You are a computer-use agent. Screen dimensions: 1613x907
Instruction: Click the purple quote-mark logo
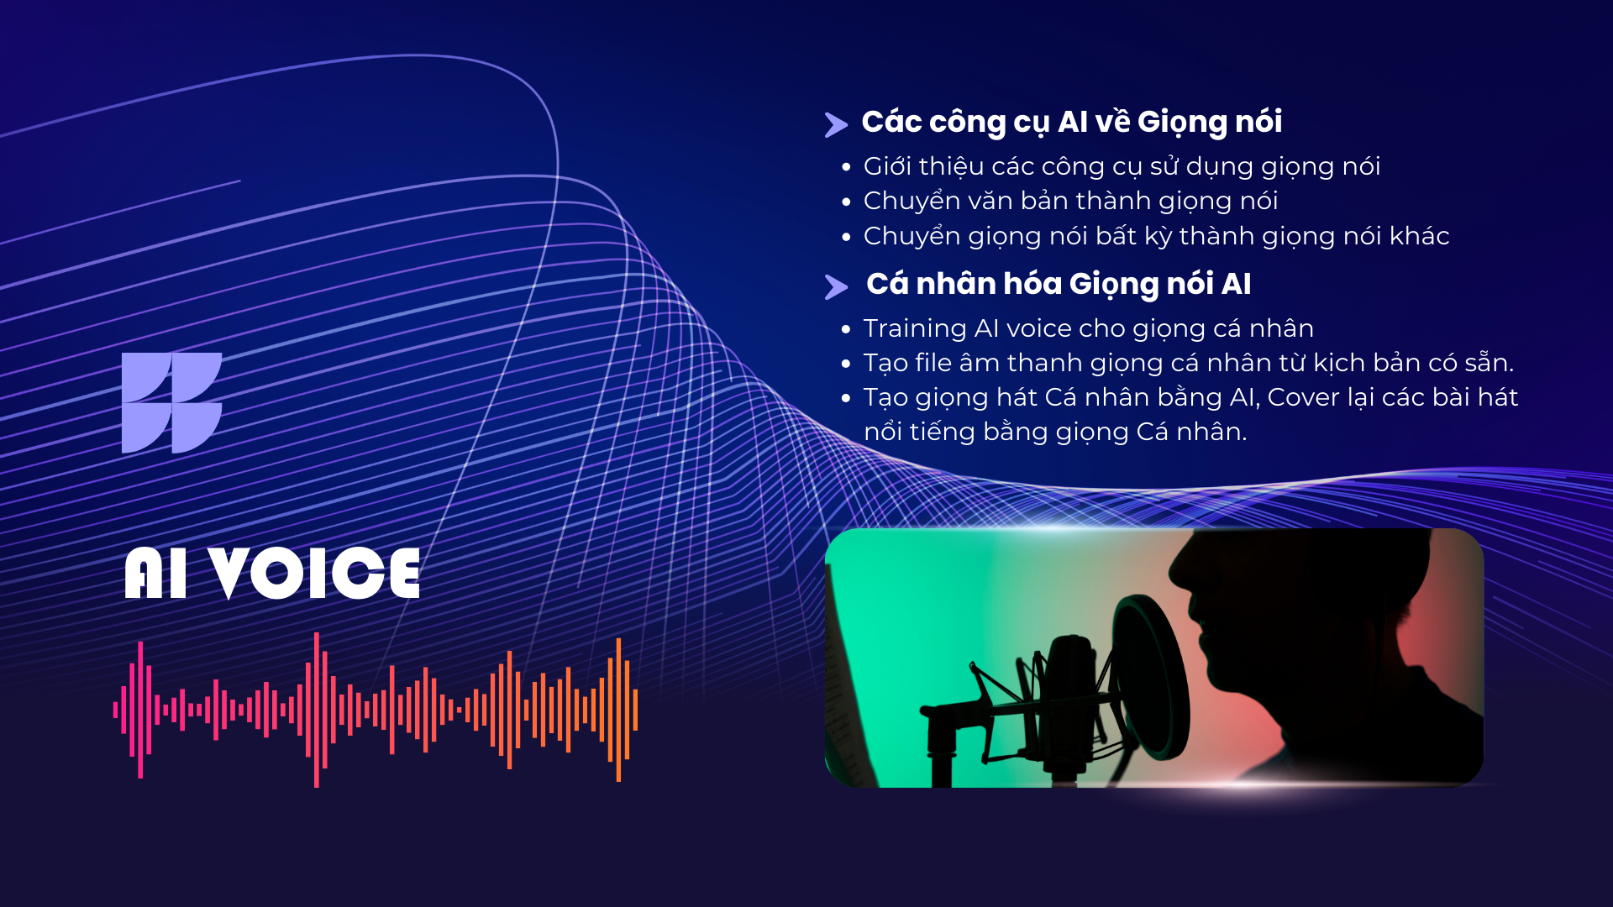point(171,403)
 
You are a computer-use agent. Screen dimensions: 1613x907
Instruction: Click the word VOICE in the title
point(315,574)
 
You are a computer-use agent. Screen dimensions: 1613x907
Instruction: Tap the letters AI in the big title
point(155,574)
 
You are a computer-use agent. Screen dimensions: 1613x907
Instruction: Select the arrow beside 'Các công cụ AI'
point(836,125)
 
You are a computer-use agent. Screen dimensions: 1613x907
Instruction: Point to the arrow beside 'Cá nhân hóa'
point(836,287)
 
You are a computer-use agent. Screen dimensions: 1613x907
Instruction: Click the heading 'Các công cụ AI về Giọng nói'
point(1072,123)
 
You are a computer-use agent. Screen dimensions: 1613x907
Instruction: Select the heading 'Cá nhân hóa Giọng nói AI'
point(1059,285)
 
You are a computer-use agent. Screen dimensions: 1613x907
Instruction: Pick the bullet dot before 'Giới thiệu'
point(846,167)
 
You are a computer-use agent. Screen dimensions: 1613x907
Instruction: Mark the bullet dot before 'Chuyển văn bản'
point(846,202)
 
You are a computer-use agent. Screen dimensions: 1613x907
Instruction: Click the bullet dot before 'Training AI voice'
point(846,329)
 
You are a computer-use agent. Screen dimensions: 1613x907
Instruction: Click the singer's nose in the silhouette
point(1179,568)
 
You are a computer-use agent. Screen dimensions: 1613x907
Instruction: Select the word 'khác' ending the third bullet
point(1420,236)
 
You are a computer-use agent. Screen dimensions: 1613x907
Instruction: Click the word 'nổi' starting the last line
point(882,432)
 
